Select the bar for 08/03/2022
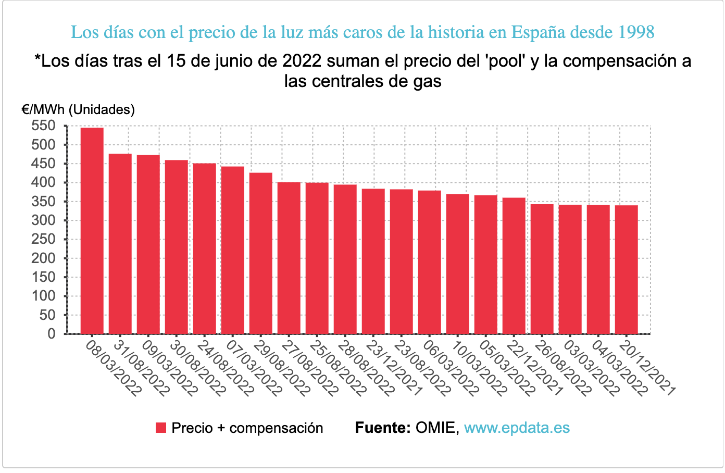coord(92,230)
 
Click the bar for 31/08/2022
coord(120,243)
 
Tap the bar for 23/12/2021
coord(373,261)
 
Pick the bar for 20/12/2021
coord(626,269)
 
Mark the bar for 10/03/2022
coord(457,264)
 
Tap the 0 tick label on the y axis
coord(51,334)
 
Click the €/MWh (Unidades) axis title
coord(78,109)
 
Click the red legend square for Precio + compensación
coord(161,428)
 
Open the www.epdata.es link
coord(517,428)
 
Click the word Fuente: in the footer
coord(383,428)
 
